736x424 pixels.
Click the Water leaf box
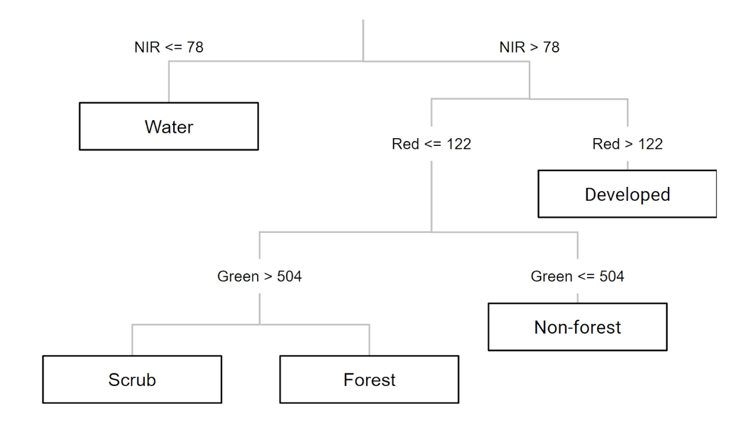pyautogui.click(x=169, y=126)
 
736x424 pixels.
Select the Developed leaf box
pyautogui.click(x=627, y=194)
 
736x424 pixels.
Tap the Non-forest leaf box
pyautogui.click(x=577, y=327)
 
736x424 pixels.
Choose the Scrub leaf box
pyautogui.click(x=132, y=379)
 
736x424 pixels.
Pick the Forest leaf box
pyautogui.click(x=369, y=379)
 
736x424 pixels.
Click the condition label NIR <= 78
pyautogui.click(x=169, y=47)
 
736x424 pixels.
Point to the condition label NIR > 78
pyautogui.click(x=529, y=47)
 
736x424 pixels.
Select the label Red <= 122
pyautogui.click(x=431, y=144)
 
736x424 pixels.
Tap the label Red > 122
pyautogui.click(x=627, y=144)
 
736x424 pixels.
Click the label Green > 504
pyautogui.click(x=259, y=277)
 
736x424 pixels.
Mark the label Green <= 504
pyautogui.click(x=577, y=277)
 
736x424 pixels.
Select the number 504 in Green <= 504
pyautogui.click(x=609, y=277)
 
